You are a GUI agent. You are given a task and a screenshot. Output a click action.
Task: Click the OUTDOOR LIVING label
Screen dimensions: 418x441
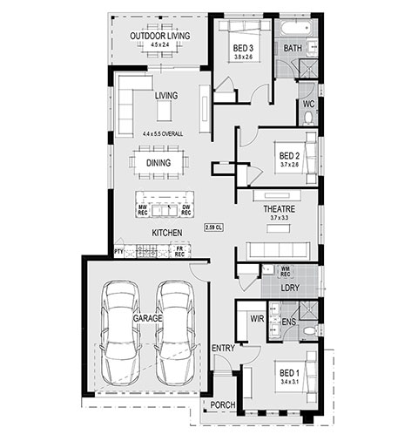coord(160,36)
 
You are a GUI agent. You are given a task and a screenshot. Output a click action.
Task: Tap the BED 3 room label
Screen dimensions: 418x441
coord(243,48)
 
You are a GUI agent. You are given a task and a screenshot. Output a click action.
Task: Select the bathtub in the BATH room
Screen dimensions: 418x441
coord(296,28)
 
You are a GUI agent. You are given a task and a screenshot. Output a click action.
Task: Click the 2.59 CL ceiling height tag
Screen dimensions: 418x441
coord(214,227)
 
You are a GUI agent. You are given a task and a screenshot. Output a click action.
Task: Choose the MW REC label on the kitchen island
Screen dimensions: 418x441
coord(143,210)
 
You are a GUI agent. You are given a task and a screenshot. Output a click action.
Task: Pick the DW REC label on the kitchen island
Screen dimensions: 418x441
coord(186,210)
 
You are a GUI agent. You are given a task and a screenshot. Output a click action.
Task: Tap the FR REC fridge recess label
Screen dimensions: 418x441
coord(179,251)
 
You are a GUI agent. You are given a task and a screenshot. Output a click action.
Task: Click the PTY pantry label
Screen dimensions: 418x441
coord(118,252)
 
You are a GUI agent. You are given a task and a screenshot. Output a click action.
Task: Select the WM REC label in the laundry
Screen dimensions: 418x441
coord(286,271)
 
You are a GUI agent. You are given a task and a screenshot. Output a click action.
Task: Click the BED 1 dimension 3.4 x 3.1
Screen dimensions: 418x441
coord(290,382)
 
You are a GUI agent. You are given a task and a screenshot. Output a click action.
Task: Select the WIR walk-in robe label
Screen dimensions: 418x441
coord(257,319)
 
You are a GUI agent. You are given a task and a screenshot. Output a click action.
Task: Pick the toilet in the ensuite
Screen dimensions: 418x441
coord(310,330)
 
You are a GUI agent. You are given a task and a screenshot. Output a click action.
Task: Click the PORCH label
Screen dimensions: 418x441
coord(223,404)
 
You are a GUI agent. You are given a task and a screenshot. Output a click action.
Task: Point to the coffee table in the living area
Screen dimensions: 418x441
coord(165,111)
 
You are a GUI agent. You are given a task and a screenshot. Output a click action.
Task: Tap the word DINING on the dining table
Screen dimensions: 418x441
coord(158,163)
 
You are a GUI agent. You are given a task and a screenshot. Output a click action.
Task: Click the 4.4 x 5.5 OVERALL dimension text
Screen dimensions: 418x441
coord(163,134)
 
